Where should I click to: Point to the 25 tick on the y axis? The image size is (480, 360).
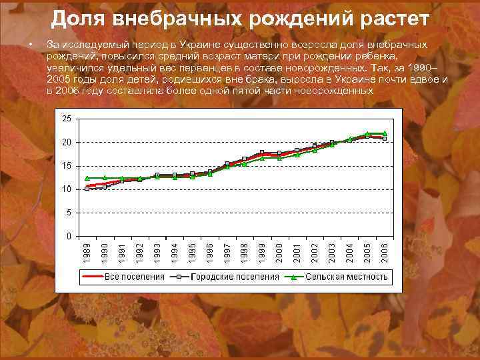point(67,119)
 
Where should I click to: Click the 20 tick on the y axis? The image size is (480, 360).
point(67,143)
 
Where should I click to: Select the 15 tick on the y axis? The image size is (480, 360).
point(67,166)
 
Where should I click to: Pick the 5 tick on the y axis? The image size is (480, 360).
point(69,213)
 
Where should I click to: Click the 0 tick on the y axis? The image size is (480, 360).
point(69,236)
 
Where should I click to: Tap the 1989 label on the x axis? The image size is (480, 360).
point(87,253)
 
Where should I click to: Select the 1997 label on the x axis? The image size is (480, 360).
point(227,253)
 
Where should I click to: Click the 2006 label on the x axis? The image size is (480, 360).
point(385,253)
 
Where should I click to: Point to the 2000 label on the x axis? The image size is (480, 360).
point(279,253)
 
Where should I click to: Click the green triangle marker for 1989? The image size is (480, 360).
point(87,178)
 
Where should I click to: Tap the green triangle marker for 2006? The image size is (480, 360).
point(385,133)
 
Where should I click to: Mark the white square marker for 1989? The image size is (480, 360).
point(87,189)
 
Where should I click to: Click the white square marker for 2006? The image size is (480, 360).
point(385,139)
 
